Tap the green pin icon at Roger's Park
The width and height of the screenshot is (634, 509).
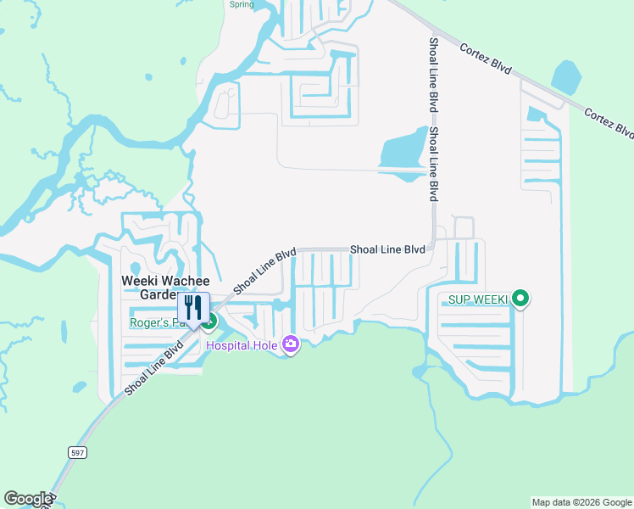pos(209,322)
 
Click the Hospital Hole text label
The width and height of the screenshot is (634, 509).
pos(243,344)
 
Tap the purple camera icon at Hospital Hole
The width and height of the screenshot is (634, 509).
pos(291,344)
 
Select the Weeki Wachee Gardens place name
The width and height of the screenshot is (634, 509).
pos(149,287)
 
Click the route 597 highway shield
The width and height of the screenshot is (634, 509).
pos(77,454)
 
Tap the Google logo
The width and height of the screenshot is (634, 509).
pos(28,499)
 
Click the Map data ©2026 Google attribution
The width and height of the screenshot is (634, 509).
pos(581,502)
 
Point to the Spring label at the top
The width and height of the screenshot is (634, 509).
pos(242,4)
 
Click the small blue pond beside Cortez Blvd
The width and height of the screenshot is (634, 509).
pos(566,78)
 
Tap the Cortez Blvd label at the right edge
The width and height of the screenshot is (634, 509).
pos(609,122)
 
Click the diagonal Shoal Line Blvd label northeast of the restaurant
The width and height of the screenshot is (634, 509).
pos(264,271)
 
